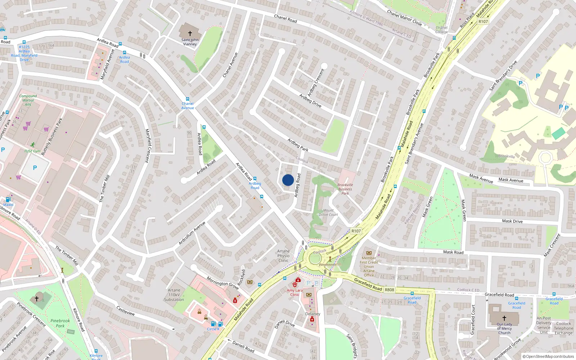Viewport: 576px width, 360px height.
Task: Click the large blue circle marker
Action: click(x=288, y=180)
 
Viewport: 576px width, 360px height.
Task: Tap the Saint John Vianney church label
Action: click(x=190, y=42)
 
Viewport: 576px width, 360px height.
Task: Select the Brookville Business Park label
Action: click(x=345, y=189)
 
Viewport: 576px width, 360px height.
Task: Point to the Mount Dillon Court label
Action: click(x=328, y=212)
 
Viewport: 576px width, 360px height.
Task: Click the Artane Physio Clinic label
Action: click(x=283, y=256)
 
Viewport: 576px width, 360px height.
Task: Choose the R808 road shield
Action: click(x=389, y=290)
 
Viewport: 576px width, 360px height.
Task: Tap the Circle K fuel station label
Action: click(x=213, y=329)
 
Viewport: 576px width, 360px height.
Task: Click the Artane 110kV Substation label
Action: click(x=174, y=295)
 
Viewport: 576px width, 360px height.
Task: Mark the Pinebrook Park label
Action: click(x=60, y=323)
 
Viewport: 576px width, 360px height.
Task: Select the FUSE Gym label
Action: click(x=32, y=151)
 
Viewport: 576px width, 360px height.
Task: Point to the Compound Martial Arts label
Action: click(x=28, y=100)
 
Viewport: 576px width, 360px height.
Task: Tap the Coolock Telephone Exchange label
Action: click(x=563, y=328)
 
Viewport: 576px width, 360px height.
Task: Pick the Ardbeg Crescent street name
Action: click(x=316, y=82)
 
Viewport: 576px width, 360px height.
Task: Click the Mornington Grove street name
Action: click(x=222, y=283)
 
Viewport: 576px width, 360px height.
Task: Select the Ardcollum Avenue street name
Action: click(x=192, y=233)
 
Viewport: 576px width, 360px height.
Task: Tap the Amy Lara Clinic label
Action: click(x=295, y=292)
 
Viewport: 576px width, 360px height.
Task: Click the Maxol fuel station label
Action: click(x=8, y=205)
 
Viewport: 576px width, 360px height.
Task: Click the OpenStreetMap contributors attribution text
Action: click(x=548, y=357)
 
